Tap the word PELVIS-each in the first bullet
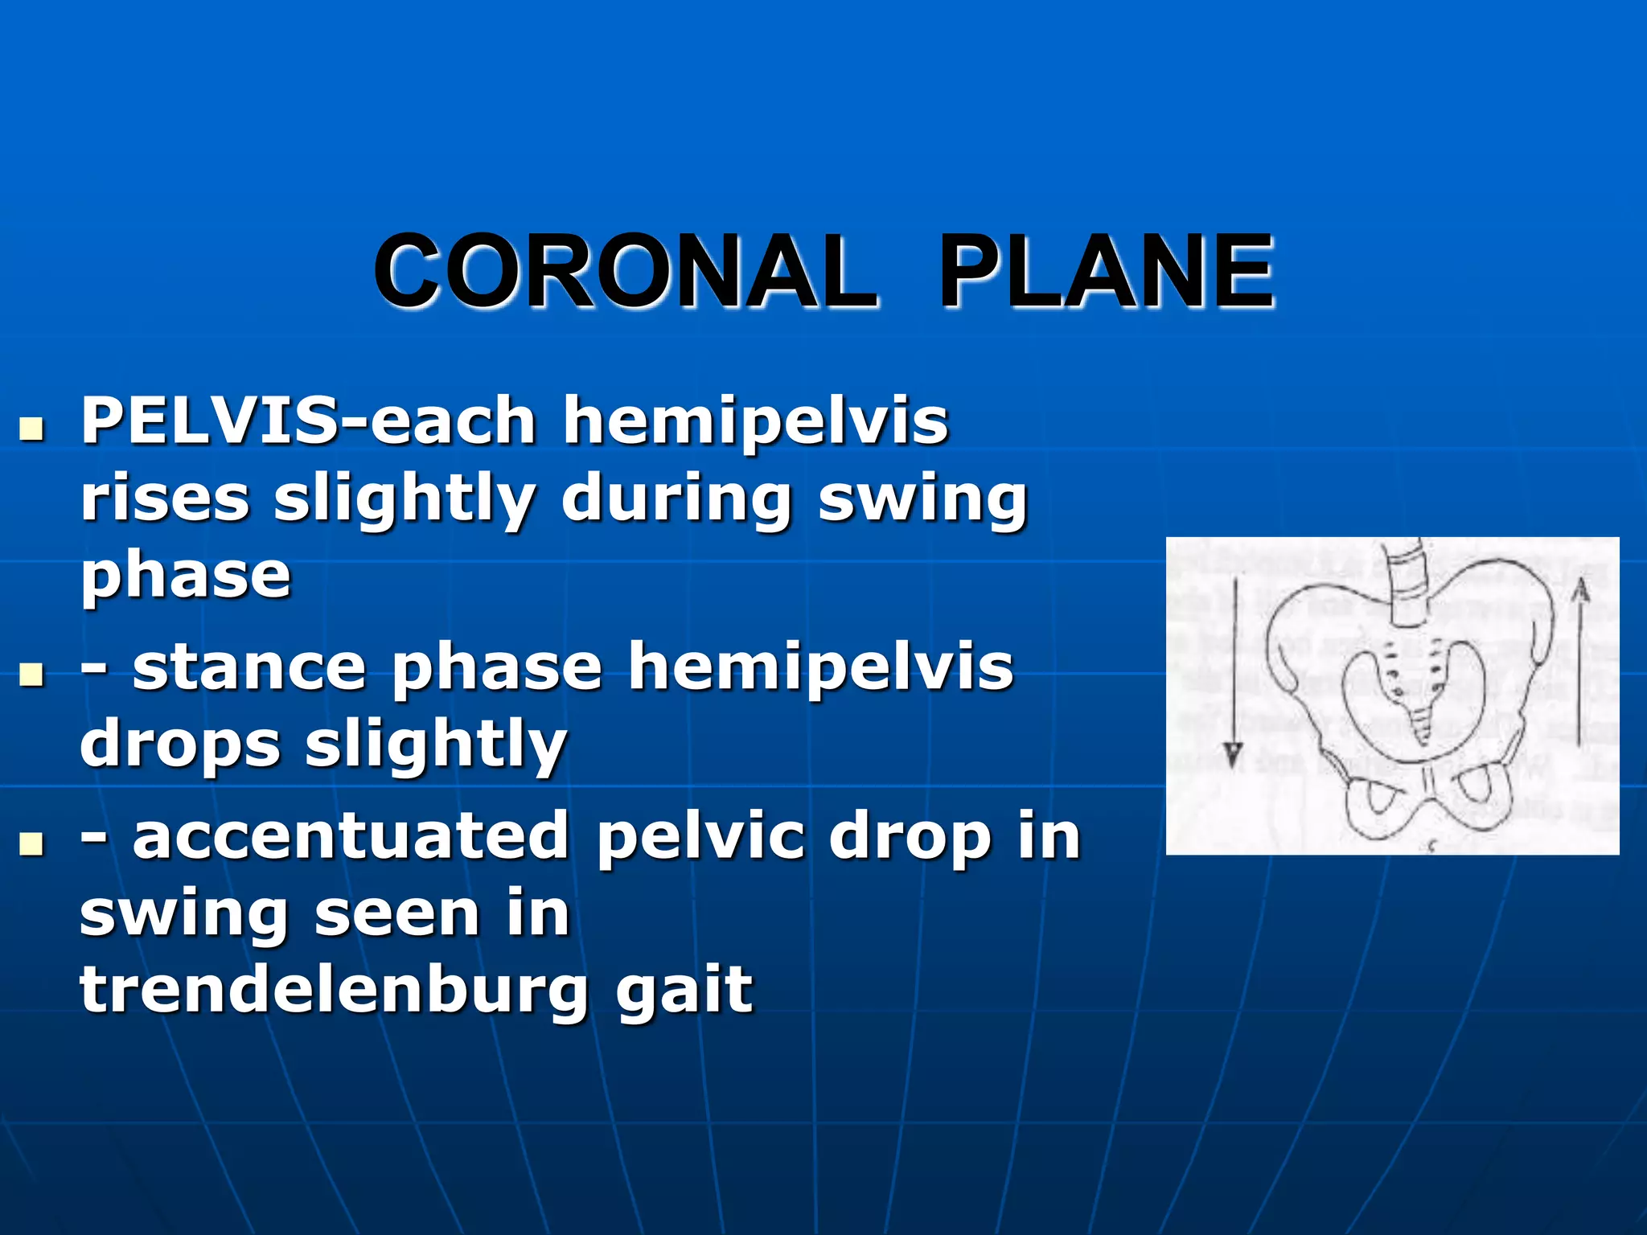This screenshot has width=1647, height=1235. [308, 421]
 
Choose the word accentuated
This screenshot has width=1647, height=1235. [351, 837]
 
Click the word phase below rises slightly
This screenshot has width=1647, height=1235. [186, 575]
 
